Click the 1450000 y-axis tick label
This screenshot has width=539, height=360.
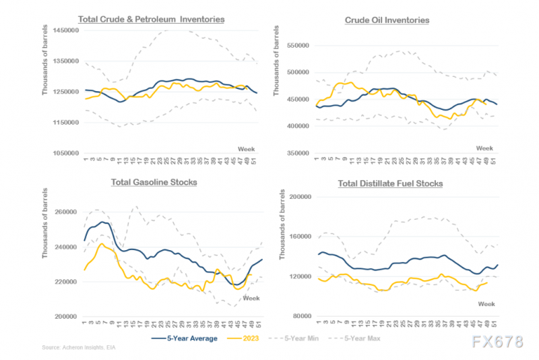click(59, 31)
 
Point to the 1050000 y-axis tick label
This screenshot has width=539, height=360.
click(59, 154)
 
